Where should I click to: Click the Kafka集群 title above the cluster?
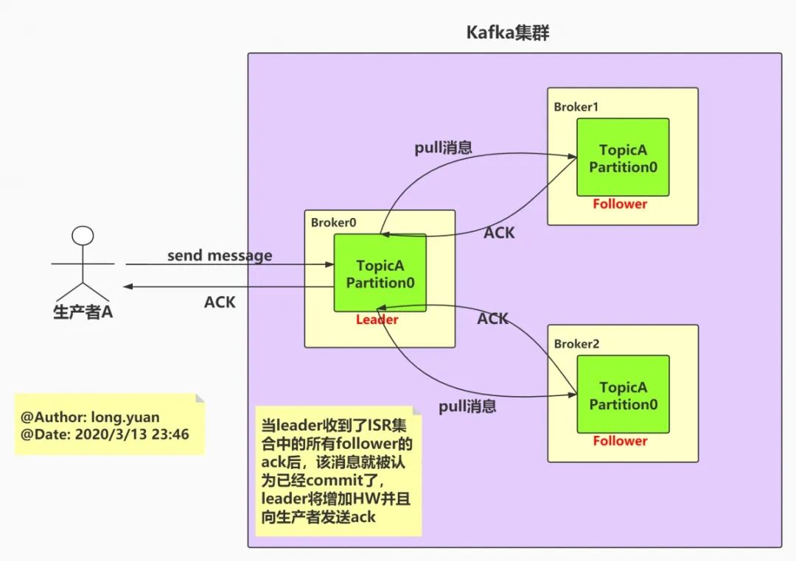508,33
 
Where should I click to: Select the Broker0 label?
333,222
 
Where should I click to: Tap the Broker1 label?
576,107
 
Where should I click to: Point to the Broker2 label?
576,344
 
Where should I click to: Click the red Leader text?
377,320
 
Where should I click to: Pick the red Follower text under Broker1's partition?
620,204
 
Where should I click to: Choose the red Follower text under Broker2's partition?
620,441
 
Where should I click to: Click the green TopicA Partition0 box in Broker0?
380,273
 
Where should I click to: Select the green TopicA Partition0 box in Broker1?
623,158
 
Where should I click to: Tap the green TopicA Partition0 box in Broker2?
623,395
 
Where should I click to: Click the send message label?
220,255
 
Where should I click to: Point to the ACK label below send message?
220,302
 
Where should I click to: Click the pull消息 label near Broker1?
443,147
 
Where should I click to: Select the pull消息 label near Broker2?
467,406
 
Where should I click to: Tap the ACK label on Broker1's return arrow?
499,233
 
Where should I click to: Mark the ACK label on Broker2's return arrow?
492,318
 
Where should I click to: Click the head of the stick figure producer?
83,236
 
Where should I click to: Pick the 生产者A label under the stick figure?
83,311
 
